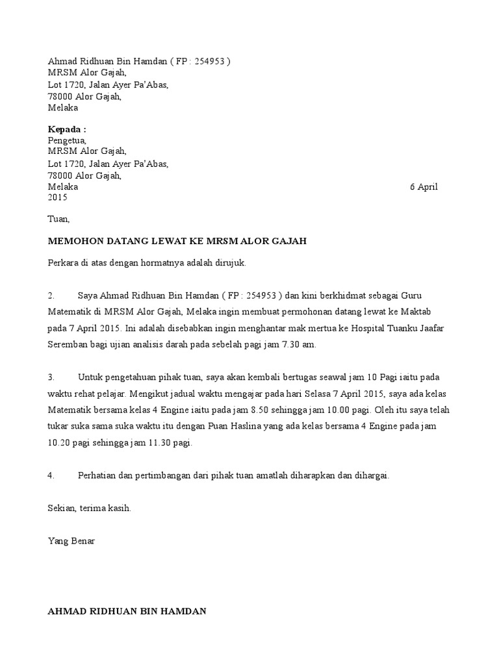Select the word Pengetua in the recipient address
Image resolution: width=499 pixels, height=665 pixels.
point(66,140)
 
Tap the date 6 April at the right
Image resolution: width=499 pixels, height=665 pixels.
point(424,187)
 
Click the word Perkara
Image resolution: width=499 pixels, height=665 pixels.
point(64,264)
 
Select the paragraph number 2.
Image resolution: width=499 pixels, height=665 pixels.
point(51,296)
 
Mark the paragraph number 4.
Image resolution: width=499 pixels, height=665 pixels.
point(51,475)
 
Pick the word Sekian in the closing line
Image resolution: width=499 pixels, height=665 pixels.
point(62,508)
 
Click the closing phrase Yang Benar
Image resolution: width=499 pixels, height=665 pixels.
point(71,541)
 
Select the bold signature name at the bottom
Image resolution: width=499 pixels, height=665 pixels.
point(127,611)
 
